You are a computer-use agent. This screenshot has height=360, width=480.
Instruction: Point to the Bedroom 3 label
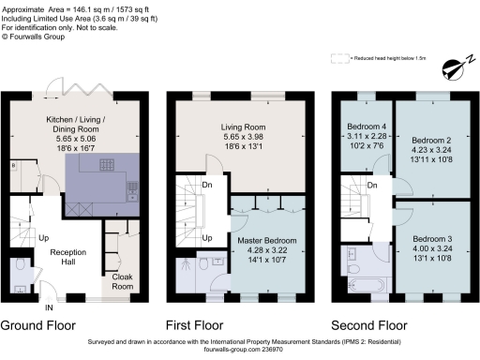tap(432, 239)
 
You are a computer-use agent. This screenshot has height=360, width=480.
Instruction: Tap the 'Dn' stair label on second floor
tap(373, 186)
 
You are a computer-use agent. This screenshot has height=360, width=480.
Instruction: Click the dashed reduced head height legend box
tap(338, 58)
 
